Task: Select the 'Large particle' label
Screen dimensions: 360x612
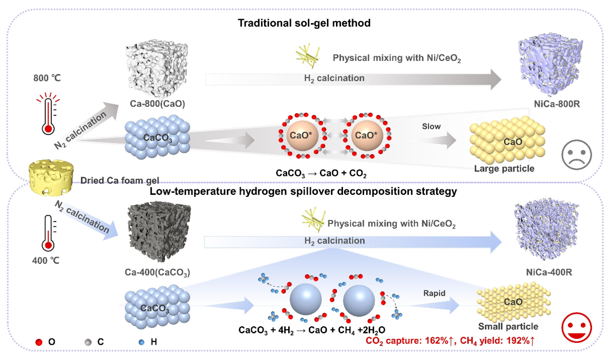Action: coord(504,168)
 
